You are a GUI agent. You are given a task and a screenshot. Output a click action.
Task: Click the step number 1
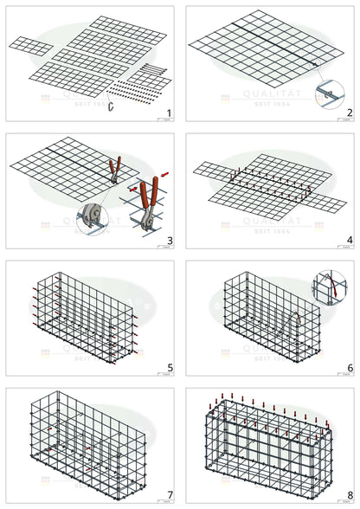169,113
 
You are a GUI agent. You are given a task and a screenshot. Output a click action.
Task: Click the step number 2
348,113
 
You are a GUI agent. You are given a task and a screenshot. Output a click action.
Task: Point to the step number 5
169,367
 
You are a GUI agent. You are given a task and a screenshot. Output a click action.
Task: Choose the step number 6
348,367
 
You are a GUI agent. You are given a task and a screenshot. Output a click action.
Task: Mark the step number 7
169,494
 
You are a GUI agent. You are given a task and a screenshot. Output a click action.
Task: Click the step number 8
348,494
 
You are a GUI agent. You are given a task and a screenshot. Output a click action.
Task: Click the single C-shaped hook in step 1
111,105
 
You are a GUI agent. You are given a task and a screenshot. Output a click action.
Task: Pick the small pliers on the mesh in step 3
113,169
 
